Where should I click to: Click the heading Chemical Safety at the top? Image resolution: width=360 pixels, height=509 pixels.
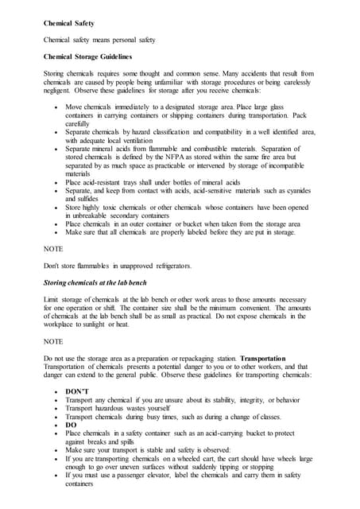68,25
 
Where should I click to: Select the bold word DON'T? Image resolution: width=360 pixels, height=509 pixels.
77,392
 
